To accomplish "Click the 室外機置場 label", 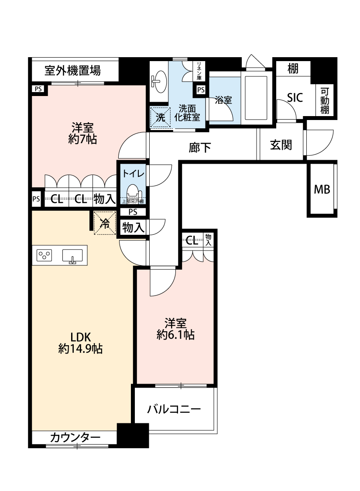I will tap(72, 70).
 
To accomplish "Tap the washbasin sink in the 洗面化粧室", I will tap(158, 81).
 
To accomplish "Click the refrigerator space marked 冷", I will tap(105, 223).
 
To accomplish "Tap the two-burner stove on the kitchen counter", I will tap(45, 255).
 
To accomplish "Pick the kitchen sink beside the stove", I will tap(72, 256).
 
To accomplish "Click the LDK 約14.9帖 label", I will tap(80, 343).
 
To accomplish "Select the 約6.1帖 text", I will tap(175, 335).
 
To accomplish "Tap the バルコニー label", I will tap(174, 409).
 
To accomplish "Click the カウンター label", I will tap(75, 437).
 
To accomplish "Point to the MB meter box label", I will tap(322, 189).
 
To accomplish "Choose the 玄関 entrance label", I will tap(281, 145).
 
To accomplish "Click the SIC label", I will tap(295, 98).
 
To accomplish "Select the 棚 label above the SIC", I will tap(293, 69).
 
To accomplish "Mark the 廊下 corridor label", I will tap(200, 148).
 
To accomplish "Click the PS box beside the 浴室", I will tap(200, 90).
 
